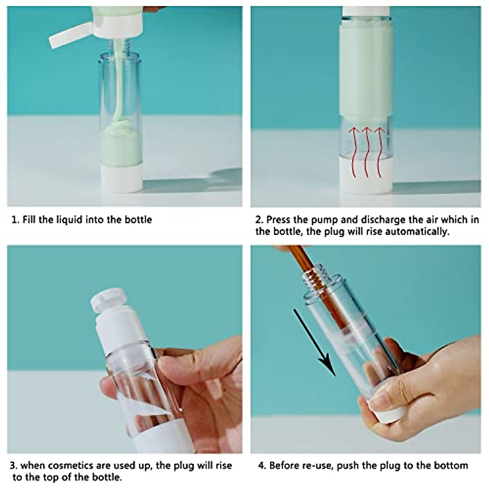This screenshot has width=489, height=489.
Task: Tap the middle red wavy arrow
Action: (367, 152)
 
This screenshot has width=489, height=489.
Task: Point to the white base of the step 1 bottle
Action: (121, 178)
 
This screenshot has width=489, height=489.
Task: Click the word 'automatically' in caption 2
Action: (417, 232)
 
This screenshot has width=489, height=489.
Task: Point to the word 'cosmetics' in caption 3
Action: (70, 466)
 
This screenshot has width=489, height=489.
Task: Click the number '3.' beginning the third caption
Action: (14, 466)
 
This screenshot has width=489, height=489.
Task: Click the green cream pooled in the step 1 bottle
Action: (121, 145)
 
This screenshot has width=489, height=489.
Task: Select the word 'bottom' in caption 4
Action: (451, 466)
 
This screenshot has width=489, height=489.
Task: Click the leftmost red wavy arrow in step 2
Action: (353, 152)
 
